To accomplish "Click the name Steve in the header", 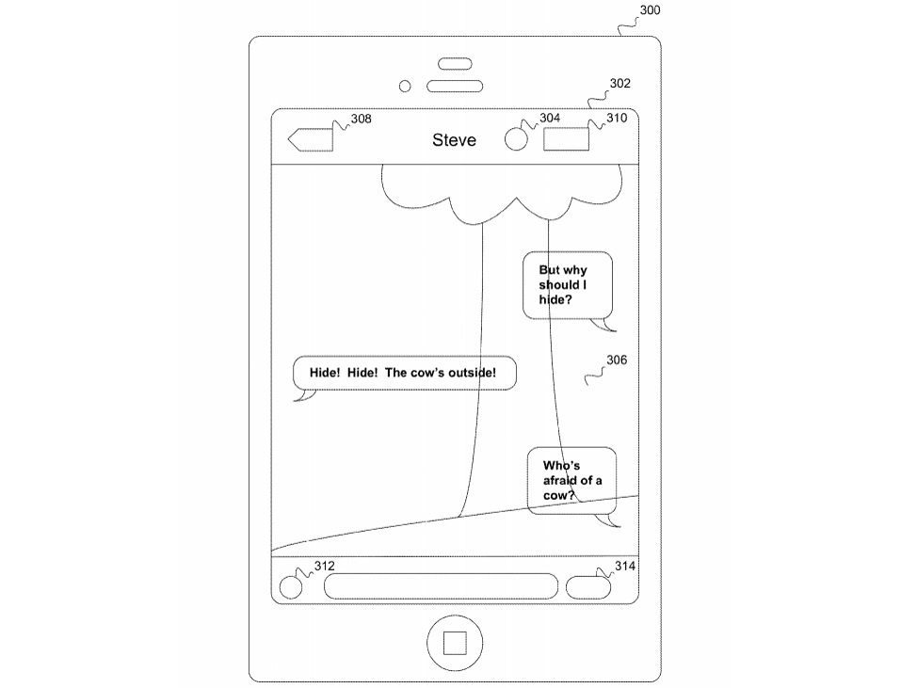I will (x=454, y=140).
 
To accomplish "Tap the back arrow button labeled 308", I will (x=310, y=140).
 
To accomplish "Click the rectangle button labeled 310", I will (x=566, y=140).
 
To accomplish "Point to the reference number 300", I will (x=650, y=10).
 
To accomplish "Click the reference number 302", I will (x=619, y=83).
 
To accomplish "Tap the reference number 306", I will (x=617, y=360).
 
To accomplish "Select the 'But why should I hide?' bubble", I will (x=567, y=285).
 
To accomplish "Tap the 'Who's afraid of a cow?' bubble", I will (x=571, y=480).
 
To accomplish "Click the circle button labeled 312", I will (x=293, y=586).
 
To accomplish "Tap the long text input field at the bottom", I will (x=441, y=586).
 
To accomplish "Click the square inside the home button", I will (x=455, y=643).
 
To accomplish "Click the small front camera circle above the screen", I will (x=406, y=87).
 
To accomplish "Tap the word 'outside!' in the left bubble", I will (x=483, y=373).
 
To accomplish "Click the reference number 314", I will (x=625, y=566).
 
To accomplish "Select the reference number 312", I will (x=324, y=566).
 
